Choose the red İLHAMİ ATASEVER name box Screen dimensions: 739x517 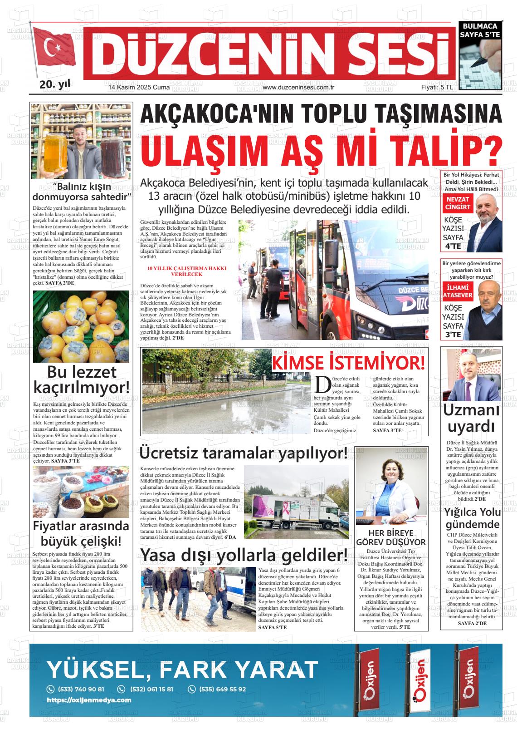tap(458, 291)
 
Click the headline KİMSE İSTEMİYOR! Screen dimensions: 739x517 tap(348, 363)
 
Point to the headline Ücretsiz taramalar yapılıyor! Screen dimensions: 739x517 tap(244, 453)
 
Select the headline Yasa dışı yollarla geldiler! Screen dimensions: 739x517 tap(244, 555)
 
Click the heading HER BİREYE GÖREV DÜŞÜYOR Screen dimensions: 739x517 tap(390, 537)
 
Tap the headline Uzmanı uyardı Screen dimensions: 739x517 tap(471, 418)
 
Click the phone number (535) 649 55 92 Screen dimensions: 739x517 tap(222, 689)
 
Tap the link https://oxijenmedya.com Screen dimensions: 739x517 tap(89, 700)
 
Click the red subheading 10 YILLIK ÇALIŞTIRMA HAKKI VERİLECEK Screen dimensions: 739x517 tap(187, 271)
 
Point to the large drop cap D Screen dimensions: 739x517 tap(322, 384)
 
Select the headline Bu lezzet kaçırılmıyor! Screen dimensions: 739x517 tap(81, 379)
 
